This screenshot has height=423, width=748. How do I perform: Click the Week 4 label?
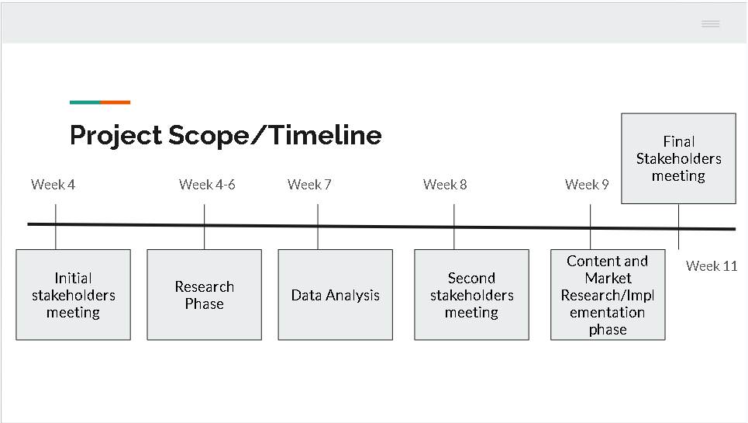(x=53, y=185)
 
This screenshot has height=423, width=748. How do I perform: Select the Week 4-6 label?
(x=207, y=185)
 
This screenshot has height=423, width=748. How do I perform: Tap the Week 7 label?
(x=309, y=185)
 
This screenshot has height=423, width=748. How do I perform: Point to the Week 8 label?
(x=445, y=185)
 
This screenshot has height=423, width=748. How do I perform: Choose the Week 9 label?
(x=587, y=185)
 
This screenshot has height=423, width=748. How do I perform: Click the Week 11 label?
(x=712, y=266)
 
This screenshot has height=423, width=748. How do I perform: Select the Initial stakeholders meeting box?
(x=73, y=295)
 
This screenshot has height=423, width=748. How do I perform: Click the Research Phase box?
(x=204, y=295)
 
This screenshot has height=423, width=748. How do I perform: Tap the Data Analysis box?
(x=335, y=295)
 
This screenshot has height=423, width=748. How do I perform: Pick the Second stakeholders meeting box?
(x=471, y=295)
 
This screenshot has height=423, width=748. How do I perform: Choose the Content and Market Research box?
(x=608, y=295)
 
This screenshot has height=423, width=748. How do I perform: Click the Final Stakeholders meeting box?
(x=678, y=158)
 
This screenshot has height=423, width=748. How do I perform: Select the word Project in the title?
(x=115, y=136)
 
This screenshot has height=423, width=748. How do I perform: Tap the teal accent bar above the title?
(x=84, y=102)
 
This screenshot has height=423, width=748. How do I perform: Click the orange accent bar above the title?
(x=115, y=102)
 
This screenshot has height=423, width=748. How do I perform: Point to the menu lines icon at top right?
(x=710, y=24)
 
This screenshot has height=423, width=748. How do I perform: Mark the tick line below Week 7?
(x=318, y=215)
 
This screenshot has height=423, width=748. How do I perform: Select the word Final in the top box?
(x=678, y=141)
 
